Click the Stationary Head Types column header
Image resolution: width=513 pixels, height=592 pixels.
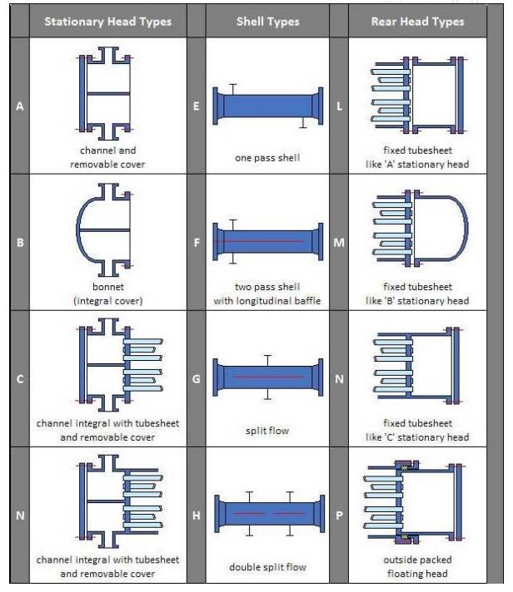pos(107,22)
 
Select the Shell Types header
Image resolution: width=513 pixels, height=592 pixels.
pos(267,22)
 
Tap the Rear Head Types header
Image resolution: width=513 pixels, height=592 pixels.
pos(416,22)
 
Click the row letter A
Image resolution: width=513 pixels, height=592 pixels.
pos(19,106)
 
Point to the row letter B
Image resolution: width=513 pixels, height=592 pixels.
pos(19,243)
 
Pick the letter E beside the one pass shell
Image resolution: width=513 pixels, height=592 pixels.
pos(197,106)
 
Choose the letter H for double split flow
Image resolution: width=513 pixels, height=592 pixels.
pos(197,516)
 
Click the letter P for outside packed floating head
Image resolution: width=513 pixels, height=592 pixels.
pos(340,516)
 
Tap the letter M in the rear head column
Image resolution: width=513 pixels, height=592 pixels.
pos(340,243)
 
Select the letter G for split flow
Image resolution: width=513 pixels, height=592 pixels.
pos(197,379)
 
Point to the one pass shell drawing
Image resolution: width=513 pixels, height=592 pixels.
pos(267,106)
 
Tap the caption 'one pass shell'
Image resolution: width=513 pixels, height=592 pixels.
pos(267,158)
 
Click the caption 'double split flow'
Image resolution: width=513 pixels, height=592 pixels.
pos(267,567)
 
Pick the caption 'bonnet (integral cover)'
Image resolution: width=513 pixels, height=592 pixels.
pos(108,294)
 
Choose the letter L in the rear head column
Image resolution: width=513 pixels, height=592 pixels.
pos(340,106)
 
